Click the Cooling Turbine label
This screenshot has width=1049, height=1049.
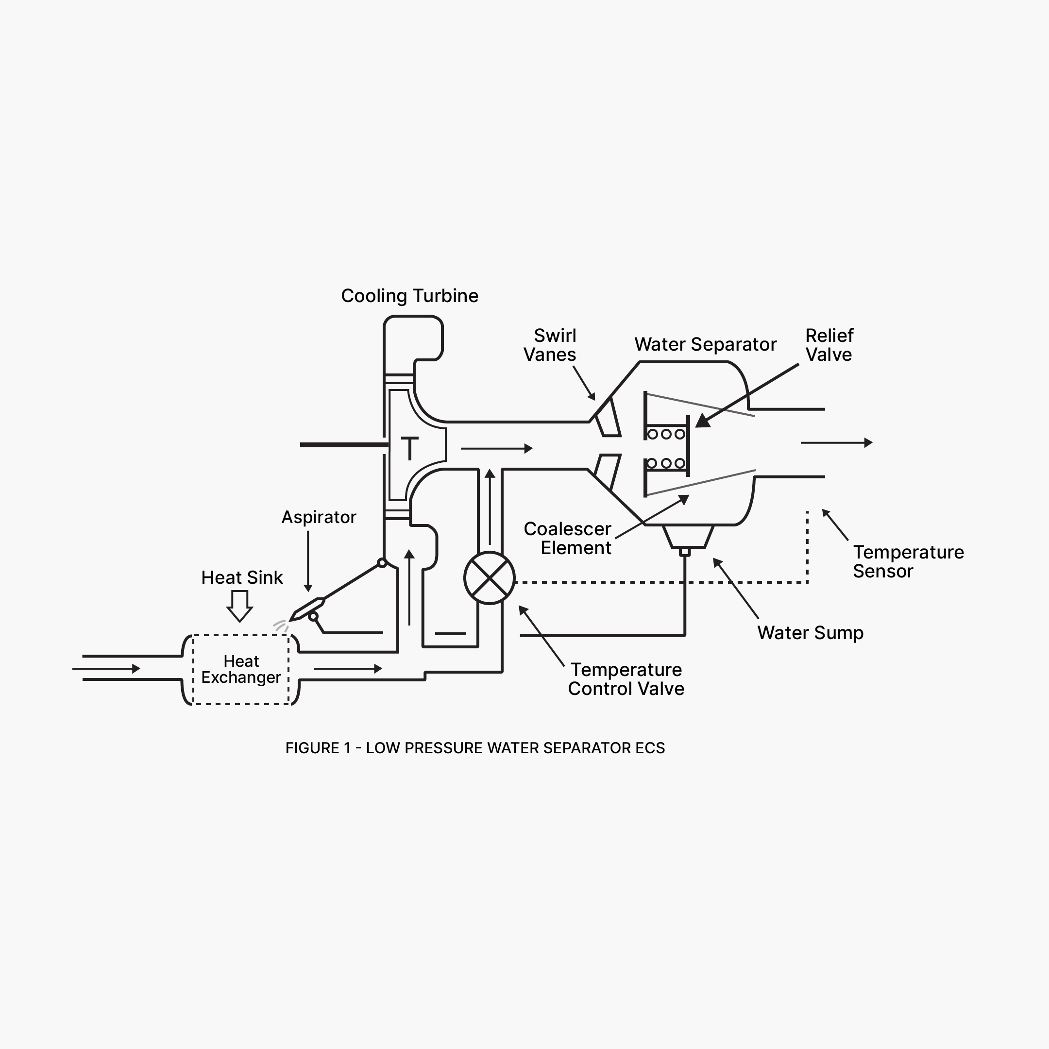409,296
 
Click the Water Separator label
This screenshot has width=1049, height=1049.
705,344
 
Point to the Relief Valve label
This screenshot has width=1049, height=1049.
829,345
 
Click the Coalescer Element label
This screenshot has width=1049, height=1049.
567,538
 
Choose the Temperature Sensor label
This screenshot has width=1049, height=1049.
908,561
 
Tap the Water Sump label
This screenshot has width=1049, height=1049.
810,632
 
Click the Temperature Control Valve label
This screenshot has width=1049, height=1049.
626,679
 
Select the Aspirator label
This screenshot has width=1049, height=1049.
319,517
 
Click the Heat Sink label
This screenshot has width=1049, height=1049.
242,577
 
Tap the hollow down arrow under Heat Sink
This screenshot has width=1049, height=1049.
239,606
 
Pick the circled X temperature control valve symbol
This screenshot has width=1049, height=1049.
489,578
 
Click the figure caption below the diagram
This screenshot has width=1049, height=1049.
475,748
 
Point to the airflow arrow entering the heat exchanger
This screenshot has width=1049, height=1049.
106,668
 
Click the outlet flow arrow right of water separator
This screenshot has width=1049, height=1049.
837,442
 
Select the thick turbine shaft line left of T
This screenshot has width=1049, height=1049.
345,445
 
